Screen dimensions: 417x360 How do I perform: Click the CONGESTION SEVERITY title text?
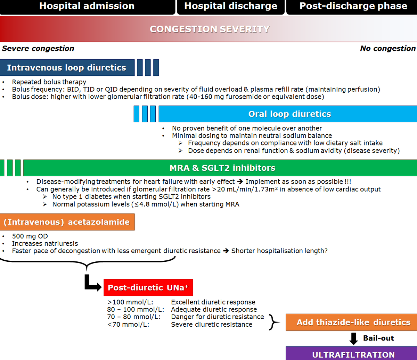(210, 29)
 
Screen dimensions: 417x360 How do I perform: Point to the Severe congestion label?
(38, 48)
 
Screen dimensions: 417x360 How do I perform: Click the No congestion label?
(388, 48)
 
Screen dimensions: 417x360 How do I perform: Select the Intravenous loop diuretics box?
(67, 68)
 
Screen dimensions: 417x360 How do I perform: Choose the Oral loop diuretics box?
(288, 114)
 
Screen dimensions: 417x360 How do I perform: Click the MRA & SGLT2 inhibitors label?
(222, 168)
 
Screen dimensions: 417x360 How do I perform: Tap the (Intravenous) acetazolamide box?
(67, 222)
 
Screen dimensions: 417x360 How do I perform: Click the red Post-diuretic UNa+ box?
(148, 288)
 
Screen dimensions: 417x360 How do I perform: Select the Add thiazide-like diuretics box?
(351, 322)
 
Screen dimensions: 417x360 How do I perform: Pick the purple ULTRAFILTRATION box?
(351, 353)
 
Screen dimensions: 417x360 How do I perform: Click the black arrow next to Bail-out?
(353, 338)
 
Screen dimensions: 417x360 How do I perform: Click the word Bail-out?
(378, 338)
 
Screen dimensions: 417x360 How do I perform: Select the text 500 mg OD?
(30, 236)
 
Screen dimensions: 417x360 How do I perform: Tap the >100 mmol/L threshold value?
(130, 302)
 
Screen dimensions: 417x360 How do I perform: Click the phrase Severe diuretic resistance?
(212, 324)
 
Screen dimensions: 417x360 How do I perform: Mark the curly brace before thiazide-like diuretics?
(274, 322)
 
